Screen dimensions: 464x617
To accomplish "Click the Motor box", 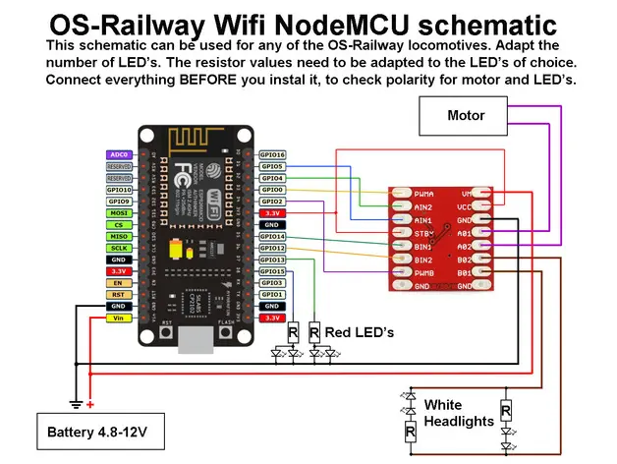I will click(x=466, y=115).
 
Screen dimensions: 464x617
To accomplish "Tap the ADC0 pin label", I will click(x=119, y=155).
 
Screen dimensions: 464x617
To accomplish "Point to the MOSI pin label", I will click(x=119, y=212).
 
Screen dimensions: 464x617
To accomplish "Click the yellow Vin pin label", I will click(x=119, y=319).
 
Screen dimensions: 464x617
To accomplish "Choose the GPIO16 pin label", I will click(x=272, y=155).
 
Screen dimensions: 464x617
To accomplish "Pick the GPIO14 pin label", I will click(x=272, y=237).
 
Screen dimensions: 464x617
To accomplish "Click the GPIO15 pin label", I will click(x=272, y=271).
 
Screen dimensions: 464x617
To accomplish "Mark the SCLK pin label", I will click(x=119, y=248).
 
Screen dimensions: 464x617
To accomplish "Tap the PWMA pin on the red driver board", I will click(x=425, y=195).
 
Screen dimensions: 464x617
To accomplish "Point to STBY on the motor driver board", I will click(x=424, y=234).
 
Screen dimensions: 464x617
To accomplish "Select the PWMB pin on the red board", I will click(x=425, y=272).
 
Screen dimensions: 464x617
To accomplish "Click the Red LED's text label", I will click(x=360, y=333).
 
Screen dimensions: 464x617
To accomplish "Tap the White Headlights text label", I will click(x=457, y=413).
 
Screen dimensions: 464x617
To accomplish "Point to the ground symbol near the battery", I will click(x=75, y=404).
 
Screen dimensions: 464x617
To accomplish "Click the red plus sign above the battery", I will click(x=90, y=404).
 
